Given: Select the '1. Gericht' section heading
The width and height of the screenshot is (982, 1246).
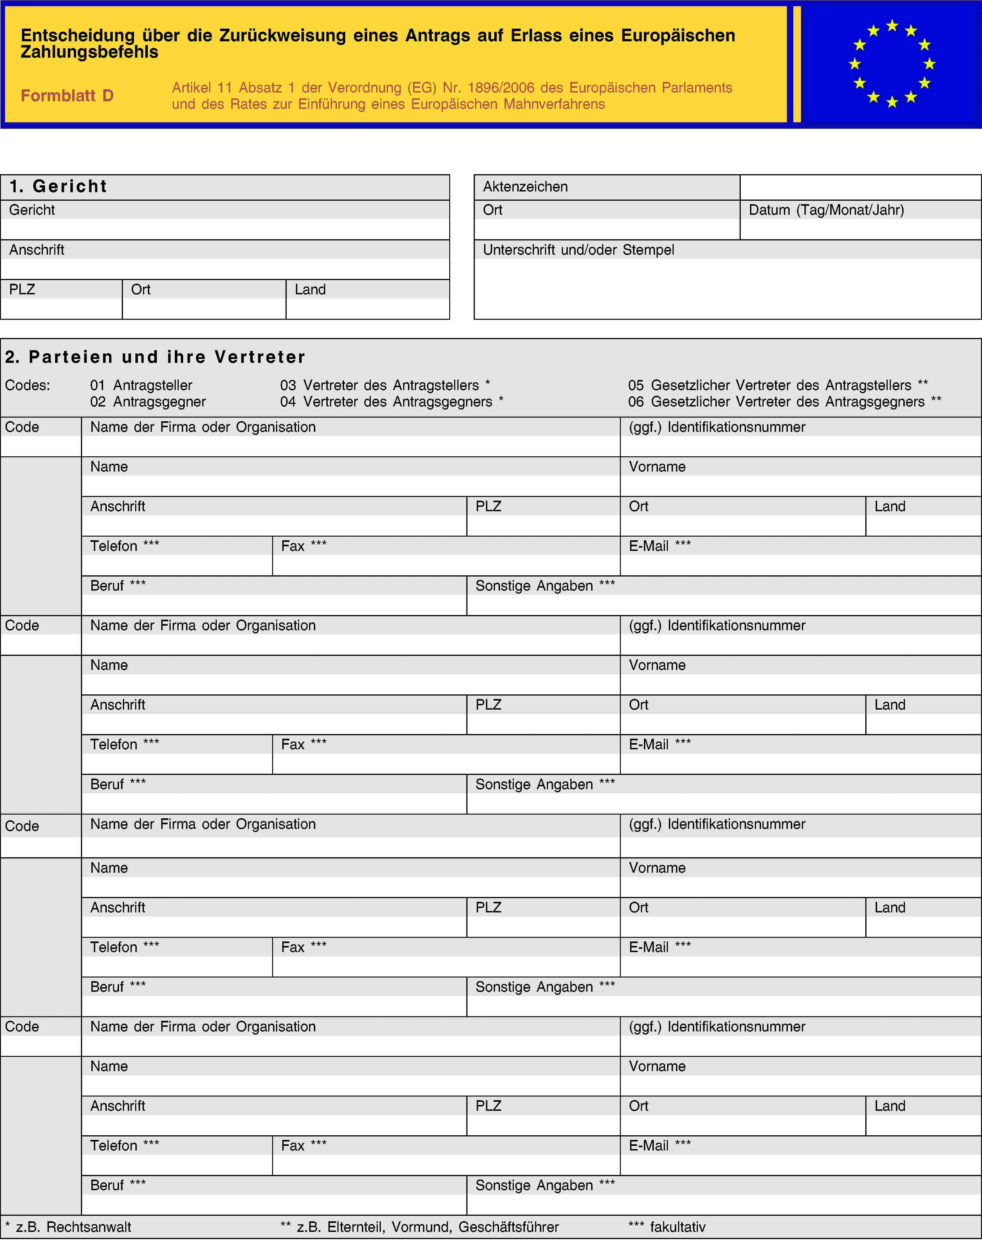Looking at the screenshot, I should (x=58, y=186).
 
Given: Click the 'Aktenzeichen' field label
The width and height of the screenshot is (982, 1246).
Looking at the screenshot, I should (x=525, y=187).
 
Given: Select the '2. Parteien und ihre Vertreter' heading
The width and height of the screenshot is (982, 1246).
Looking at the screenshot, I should (x=155, y=357).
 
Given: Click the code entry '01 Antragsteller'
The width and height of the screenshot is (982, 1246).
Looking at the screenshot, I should (x=141, y=385).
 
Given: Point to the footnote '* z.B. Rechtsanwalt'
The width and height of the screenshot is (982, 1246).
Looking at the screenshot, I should (x=68, y=1227).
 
